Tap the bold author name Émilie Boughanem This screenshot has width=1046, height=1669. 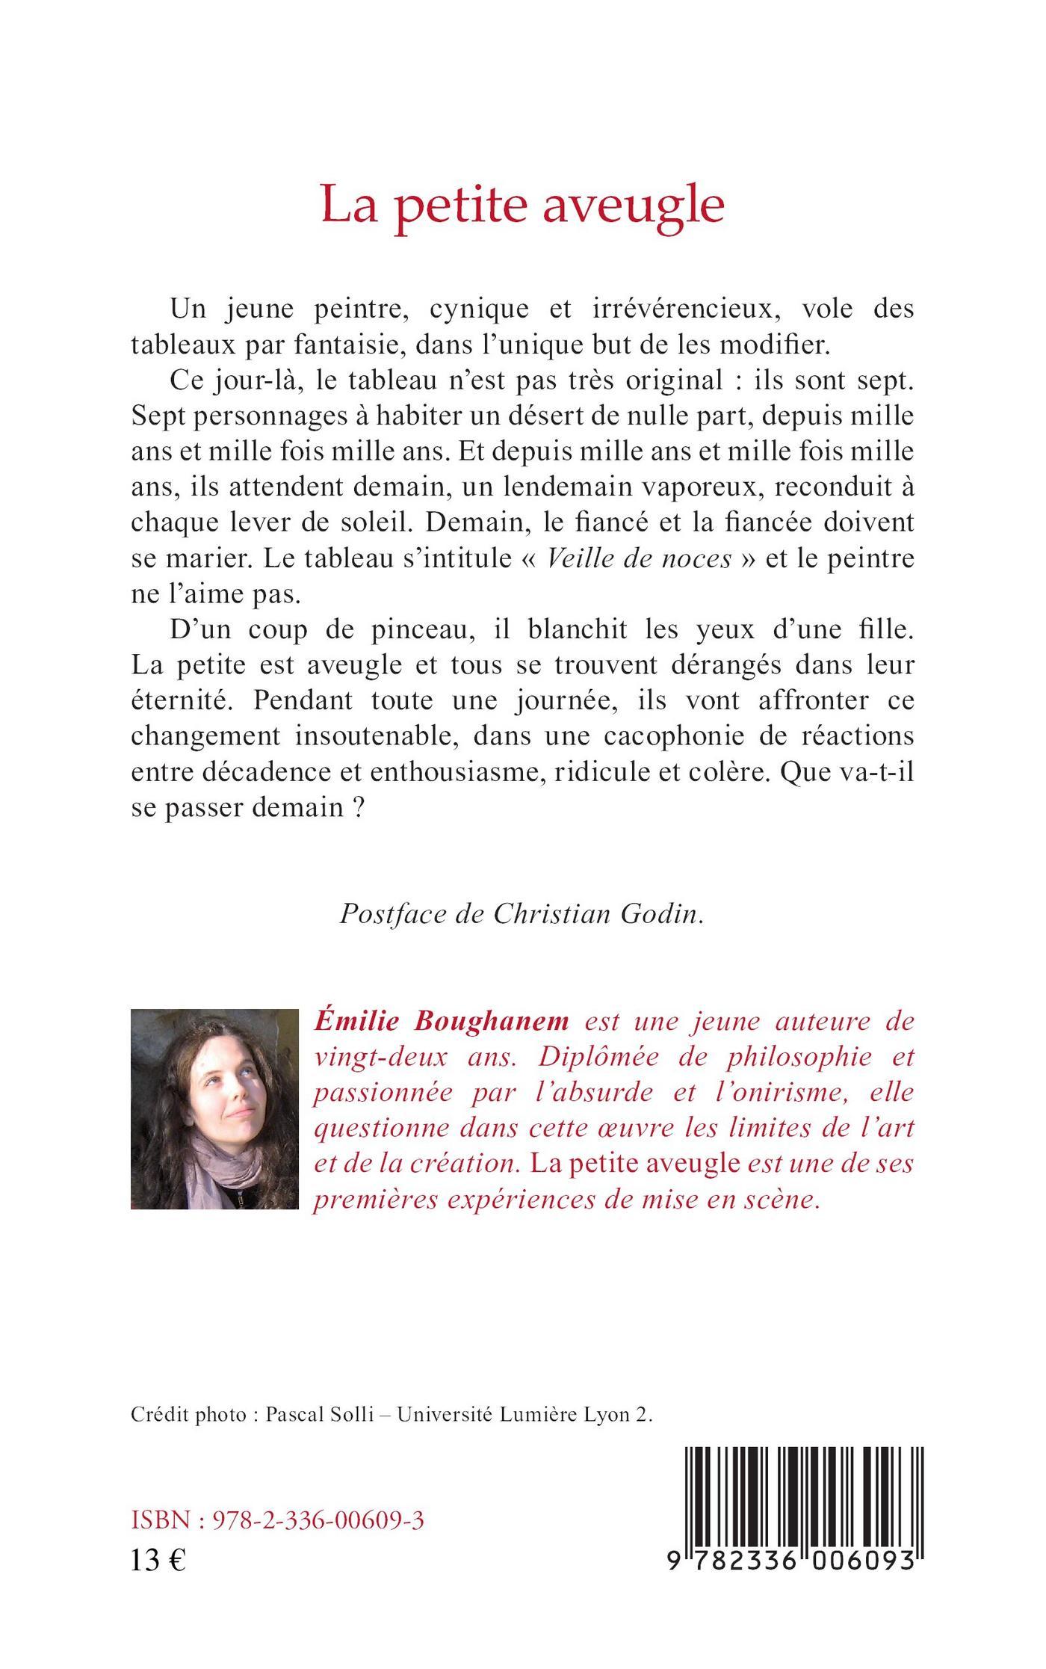441,1021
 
